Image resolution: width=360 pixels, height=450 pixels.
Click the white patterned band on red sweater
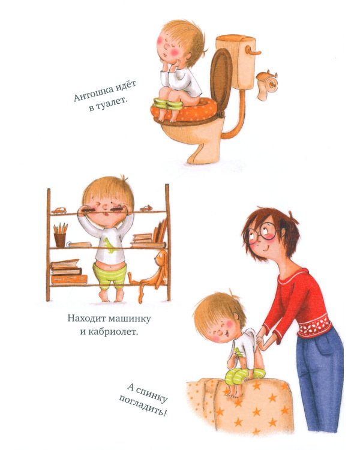click(x=316, y=327)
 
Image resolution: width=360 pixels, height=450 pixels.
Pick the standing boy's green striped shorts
click(x=112, y=276)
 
